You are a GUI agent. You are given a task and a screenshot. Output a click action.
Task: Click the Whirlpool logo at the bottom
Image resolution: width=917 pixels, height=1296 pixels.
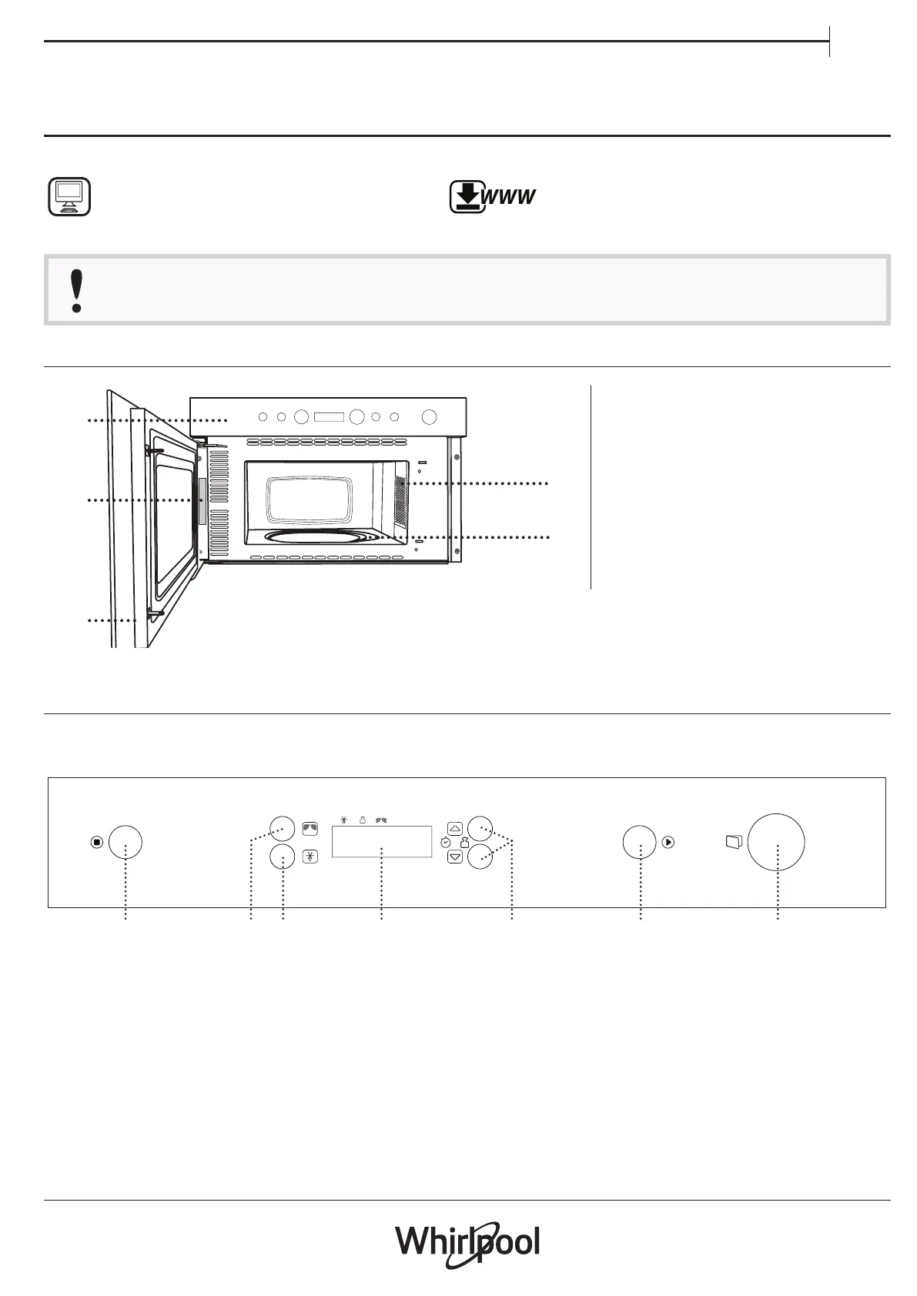(x=467, y=1244)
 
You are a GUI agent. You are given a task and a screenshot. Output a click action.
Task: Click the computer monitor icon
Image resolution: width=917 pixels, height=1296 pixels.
(x=69, y=197)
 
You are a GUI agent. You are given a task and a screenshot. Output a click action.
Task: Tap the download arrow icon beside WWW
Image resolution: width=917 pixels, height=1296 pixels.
(x=468, y=197)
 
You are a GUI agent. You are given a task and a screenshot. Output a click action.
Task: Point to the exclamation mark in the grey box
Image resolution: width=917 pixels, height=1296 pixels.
(x=76, y=291)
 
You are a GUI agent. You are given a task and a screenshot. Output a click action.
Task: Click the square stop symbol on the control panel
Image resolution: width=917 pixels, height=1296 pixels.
(x=97, y=843)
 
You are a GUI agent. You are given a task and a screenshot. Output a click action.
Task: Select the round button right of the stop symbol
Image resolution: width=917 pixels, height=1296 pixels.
(x=125, y=843)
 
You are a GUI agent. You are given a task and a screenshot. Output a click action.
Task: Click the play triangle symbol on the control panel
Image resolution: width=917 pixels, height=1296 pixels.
(x=668, y=843)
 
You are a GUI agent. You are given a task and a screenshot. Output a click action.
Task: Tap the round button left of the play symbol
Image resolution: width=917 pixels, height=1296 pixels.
(x=639, y=843)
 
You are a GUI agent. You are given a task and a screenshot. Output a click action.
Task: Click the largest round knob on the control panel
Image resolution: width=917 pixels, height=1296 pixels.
(x=776, y=843)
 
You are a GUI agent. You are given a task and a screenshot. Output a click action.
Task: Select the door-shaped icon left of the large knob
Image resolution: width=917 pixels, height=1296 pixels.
(x=734, y=842)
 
